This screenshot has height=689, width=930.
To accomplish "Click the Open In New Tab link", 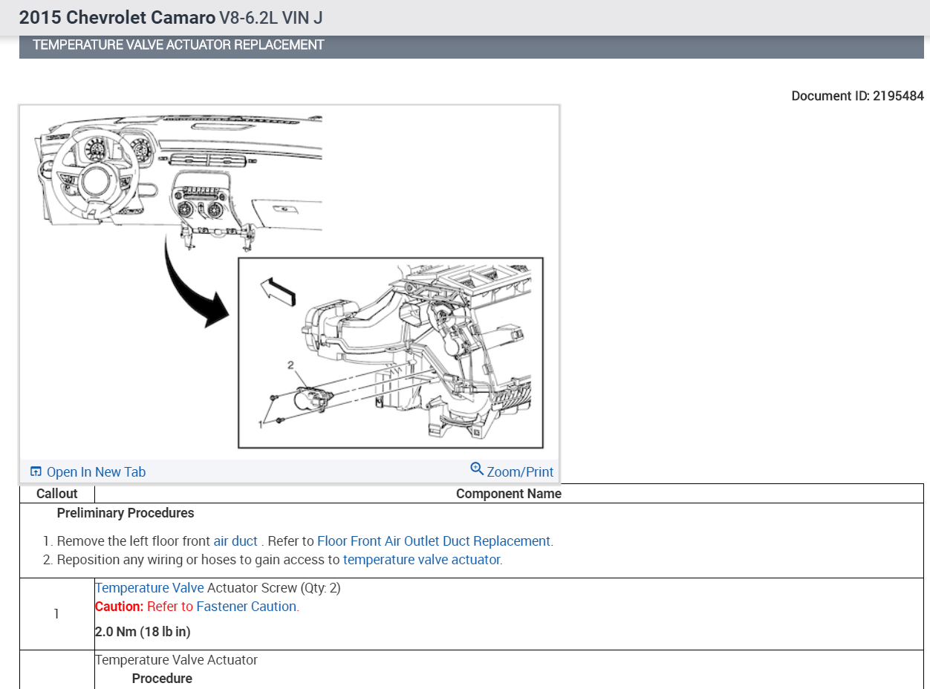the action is point(95,472).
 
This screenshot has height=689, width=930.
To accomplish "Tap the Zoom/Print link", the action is point(519,472).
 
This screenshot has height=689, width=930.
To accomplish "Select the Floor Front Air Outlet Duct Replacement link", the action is point(435,541).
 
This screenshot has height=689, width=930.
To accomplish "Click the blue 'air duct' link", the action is point(235,541).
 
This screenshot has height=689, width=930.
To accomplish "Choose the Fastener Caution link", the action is point(247,607).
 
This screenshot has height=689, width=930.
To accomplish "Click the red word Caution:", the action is point(119,607).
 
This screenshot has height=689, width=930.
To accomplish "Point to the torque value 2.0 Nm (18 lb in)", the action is point(143,632).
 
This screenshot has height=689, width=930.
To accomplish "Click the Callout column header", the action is point(57,494).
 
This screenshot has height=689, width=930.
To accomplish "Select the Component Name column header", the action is point(508,494).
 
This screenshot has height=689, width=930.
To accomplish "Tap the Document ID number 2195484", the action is point(898,96).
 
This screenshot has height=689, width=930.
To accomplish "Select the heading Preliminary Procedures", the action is point(126,513).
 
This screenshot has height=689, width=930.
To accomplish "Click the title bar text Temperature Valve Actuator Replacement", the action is point(178,45).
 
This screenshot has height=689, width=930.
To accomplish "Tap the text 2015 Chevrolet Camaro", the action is point(117,17).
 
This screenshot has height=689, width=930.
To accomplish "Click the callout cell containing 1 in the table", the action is point(56,614).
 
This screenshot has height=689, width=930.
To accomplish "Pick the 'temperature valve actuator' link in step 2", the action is point(422,560).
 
